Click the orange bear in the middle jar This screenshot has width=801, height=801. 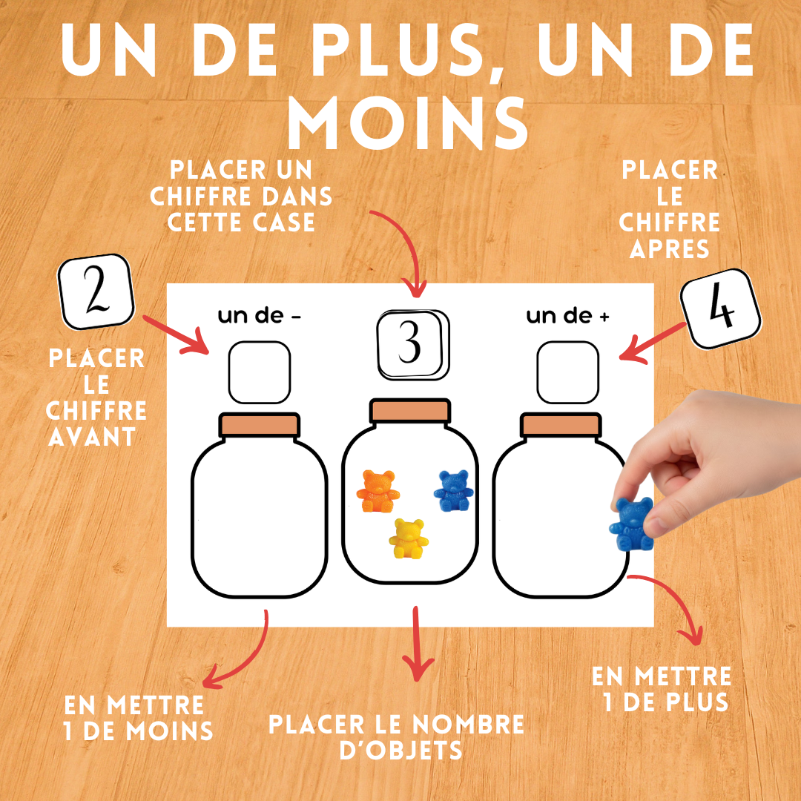point(378,490)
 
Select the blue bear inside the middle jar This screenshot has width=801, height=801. point(452,490)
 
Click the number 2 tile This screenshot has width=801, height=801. point(96,293)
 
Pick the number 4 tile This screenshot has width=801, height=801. point(721,309)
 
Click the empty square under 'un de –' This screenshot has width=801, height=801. point(259,372)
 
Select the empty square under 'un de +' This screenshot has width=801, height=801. point(567,372)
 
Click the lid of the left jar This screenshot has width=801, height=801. point(259,425)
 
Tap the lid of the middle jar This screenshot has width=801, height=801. point(410,411)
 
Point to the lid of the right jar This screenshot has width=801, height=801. point(560,425)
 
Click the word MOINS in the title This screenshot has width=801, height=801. point(408,124)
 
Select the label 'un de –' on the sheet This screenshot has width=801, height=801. point(259,316)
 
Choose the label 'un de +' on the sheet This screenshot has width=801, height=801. point(567,316)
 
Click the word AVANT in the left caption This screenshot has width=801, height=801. point(93,436)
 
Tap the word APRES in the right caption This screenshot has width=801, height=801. point(670,248)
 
